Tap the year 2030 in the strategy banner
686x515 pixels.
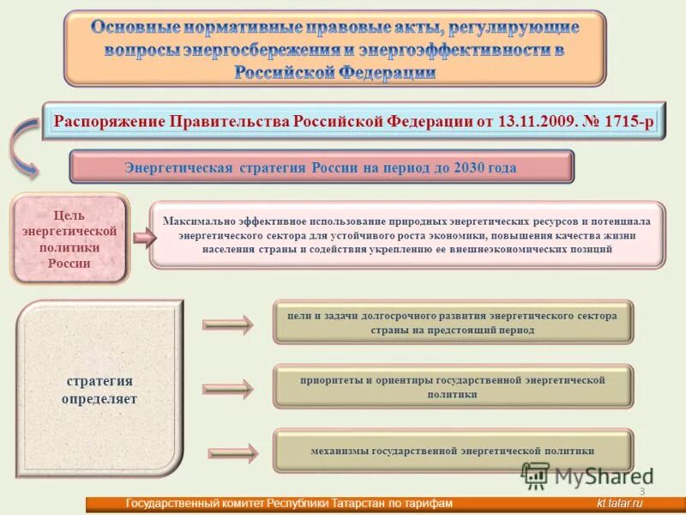pyautogui.click(x=456, y=167)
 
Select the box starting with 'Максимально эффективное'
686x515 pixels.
pyautogui.click(x=406, y=234)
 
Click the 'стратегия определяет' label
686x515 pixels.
pyautogui.click(x=99, y=390)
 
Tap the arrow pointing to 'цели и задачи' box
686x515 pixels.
pyautogui.click(x=228, y=324)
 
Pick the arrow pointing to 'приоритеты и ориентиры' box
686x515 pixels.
pyautogui.click(x=228, y=389)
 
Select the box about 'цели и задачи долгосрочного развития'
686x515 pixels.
pyautogui.click(x=453, y=323)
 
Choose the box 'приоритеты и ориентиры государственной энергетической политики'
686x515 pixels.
pyautogui.click(x=453, y=386)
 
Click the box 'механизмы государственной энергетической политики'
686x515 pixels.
pyautogui.click(x=453, y=451)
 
